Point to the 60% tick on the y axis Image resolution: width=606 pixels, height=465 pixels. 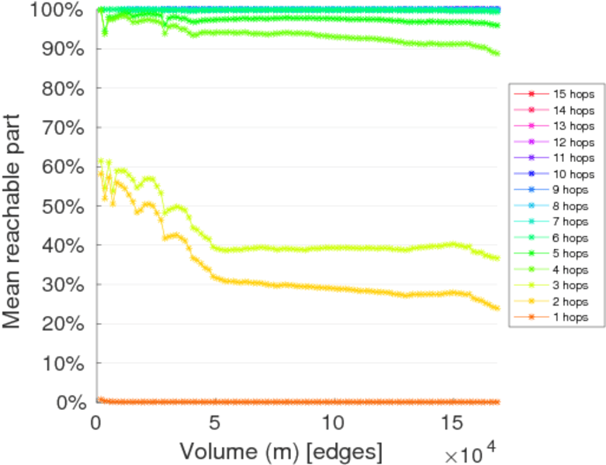(64, 167)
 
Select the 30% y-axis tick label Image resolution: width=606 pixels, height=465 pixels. (64, 284)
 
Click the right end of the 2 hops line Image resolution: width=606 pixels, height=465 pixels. (497, 308)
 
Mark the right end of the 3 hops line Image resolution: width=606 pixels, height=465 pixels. (497, 258)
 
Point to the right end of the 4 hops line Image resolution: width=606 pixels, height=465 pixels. (497, 53)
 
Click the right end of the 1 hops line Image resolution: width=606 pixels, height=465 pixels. (497, 402)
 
